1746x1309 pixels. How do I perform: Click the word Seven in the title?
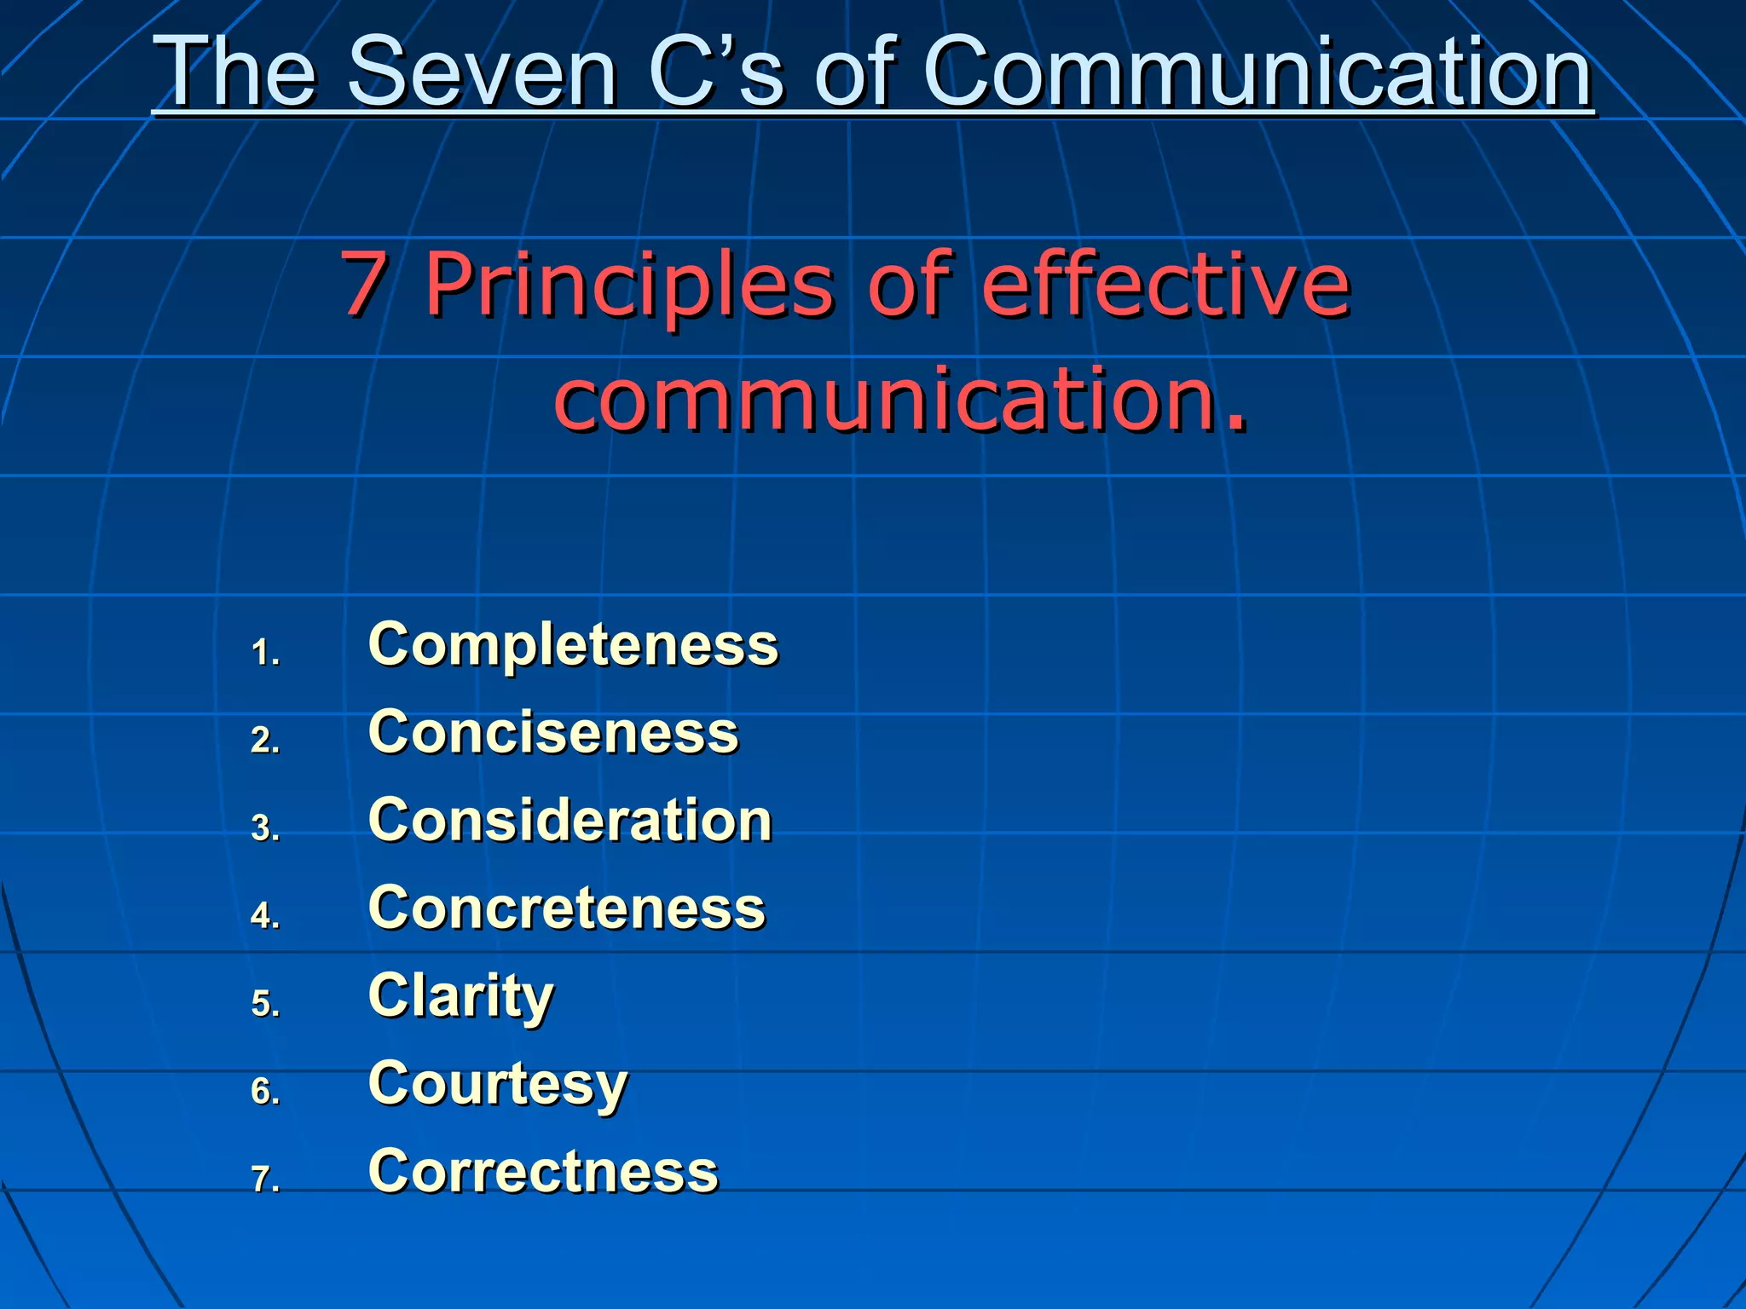point(482,72)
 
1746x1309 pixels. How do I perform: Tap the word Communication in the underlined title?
point(1257,72)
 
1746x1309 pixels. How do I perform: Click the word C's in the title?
point(714,72)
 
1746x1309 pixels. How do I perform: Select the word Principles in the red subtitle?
point(629,285)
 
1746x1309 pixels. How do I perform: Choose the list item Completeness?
point(573,644)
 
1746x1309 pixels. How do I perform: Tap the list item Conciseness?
point(553,732)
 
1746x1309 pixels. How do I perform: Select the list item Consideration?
point(569,820)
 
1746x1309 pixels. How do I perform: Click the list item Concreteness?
point(567,908)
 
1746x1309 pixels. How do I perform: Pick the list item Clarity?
point(461,995)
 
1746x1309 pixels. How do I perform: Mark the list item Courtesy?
point(498,1084)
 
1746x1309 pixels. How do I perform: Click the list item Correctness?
point(543,1171)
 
